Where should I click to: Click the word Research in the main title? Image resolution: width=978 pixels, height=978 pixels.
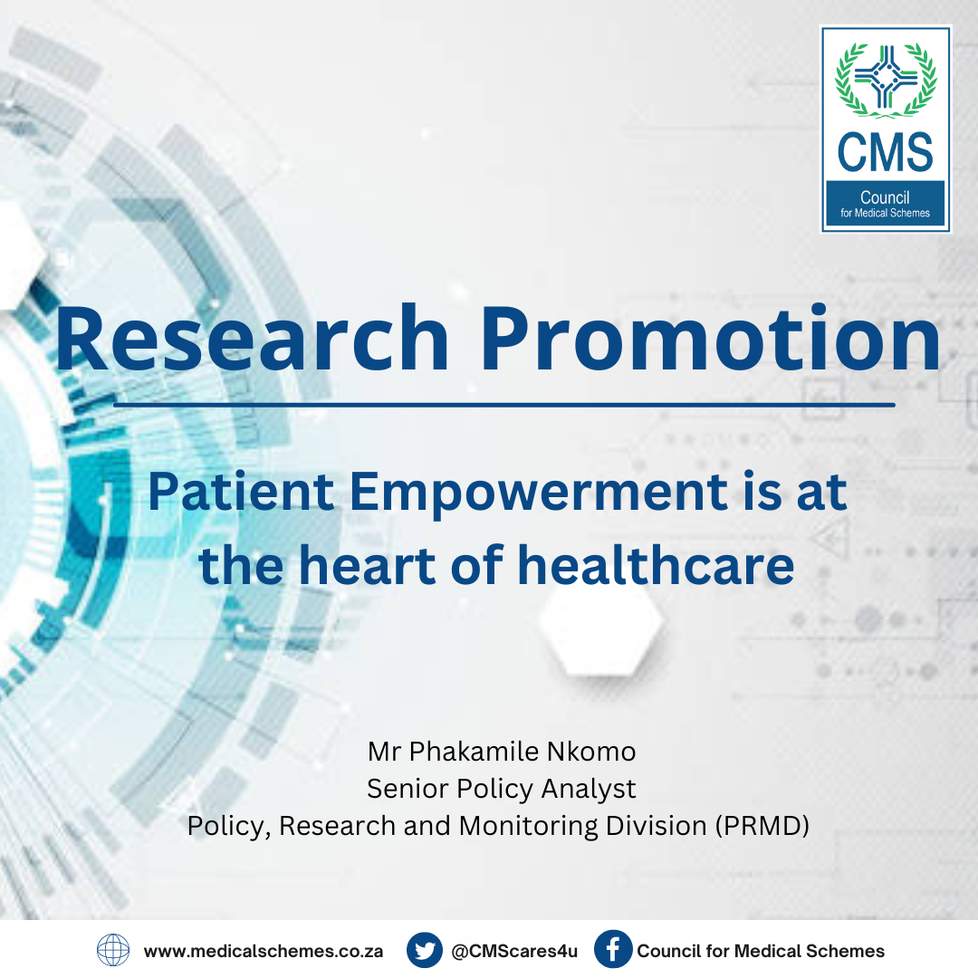click(252, 338)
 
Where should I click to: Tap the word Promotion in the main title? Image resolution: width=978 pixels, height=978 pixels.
click(711, 338)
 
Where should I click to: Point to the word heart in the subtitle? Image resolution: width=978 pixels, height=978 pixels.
click(367, 565)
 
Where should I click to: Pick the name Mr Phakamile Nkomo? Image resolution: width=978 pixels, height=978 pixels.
click(502, 752)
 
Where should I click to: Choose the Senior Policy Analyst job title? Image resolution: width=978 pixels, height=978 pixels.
click(502, 789)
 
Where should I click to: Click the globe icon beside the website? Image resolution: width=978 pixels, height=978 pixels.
click(113, 951)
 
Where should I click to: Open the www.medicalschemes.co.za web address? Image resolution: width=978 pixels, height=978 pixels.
click(264, 951)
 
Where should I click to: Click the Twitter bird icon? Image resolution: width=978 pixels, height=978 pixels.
click(425, 951)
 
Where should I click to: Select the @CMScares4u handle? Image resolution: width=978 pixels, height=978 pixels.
click(514, 951)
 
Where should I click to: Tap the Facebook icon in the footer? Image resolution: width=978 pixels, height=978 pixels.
click(613, 949)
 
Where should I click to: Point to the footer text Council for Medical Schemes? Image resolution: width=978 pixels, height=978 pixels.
click(761, 951)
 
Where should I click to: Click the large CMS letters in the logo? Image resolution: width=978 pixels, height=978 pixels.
click(885, 152)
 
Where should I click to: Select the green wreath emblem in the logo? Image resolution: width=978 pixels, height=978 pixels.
click(886, 79)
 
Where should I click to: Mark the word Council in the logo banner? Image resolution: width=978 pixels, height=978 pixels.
click(885, 197)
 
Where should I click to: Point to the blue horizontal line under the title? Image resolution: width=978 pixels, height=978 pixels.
click(504, 405)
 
